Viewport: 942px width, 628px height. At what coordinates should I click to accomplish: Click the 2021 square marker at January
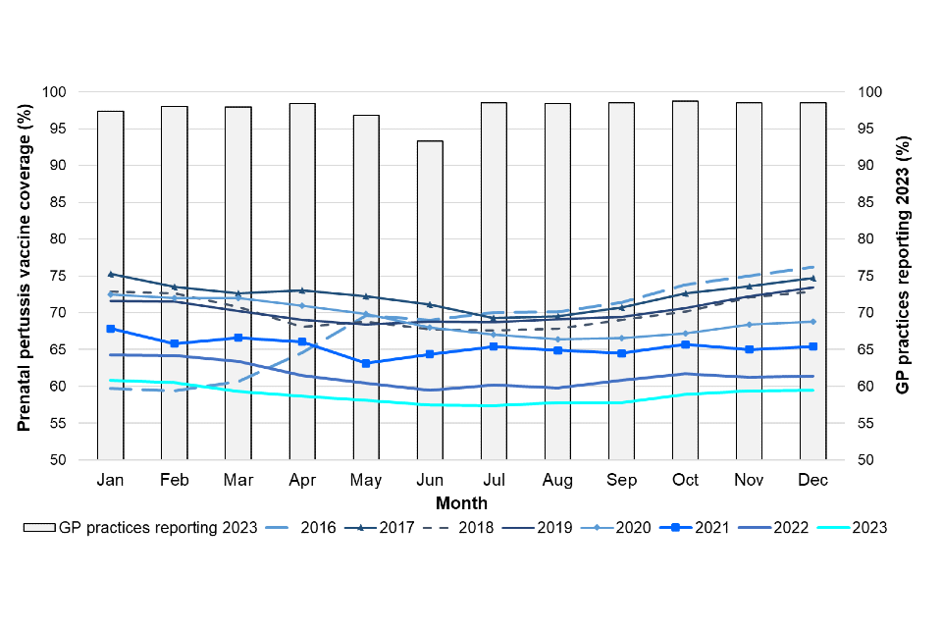click(111, 329)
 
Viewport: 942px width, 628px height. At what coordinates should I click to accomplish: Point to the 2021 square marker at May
click(366, 363)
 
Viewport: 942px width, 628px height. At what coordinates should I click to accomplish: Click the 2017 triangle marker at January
click(111, 274)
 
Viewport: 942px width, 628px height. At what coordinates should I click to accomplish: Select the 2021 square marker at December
click(812, 346)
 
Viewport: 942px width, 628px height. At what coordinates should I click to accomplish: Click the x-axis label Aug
click(557, 480)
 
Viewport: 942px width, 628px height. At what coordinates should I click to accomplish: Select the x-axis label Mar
click(238, 480)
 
